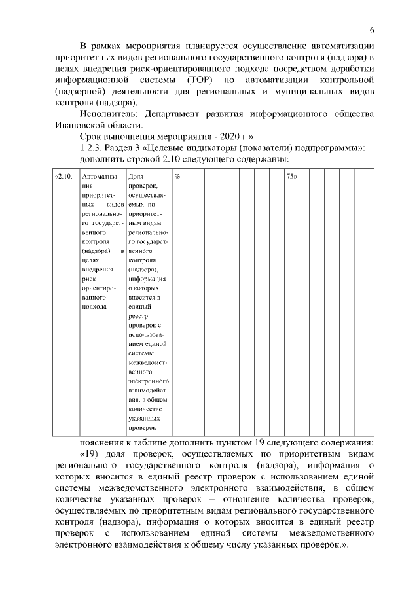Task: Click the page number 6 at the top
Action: (371, 31)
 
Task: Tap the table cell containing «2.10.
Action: (62, 177)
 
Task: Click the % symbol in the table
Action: (177, 177)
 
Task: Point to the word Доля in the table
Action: (136, 177)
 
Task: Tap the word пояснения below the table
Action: (103, 442)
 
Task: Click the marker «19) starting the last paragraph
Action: (91, 453)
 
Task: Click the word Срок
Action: (91, 137)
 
